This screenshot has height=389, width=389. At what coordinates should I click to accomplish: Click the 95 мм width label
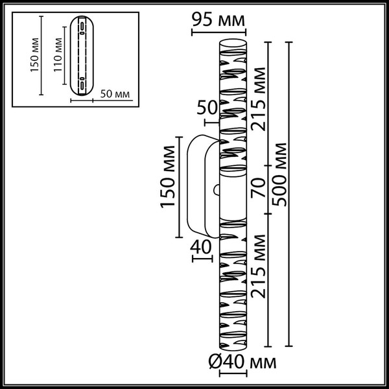pos(218,19)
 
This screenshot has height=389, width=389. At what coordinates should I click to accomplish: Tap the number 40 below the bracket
pos(202,246)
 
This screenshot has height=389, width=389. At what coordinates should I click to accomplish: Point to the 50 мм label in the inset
pos(117,95)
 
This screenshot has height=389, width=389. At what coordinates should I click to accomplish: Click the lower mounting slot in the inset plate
pos(82,83)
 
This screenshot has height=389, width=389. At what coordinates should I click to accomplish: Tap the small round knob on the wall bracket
pos(217,191)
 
